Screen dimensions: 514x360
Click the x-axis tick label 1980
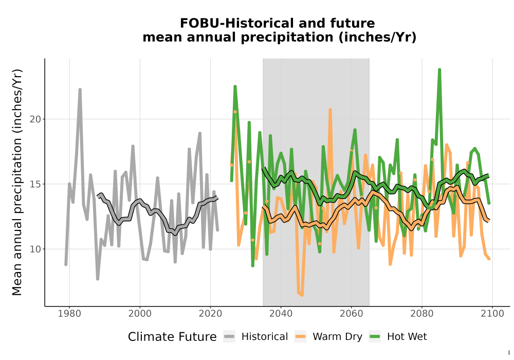click(69, 314)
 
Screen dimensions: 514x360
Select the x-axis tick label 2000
click(140, 314)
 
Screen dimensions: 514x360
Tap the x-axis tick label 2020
click(210, 314)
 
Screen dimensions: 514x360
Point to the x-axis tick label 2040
click(281, 314)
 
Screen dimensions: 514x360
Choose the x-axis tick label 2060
click(352, 314)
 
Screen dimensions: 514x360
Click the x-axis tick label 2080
click(422, 314)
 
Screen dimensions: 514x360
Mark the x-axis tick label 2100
click(492, 314)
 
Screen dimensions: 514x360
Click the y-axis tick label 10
click(35, 249)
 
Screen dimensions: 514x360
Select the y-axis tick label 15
click(35, 184)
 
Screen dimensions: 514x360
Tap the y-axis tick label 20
click(35, 119)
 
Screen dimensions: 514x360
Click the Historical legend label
click(265, 337)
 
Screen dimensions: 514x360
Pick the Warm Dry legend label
click(337, 337)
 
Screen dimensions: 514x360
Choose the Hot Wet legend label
click(407, 337)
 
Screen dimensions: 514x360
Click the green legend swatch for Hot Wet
click(375, 337)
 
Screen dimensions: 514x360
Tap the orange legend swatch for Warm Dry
click(300, 337)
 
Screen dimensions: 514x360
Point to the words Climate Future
click(172, 337)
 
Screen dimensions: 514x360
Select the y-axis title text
click(17, 182)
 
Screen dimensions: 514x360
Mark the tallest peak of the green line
click(439, 70)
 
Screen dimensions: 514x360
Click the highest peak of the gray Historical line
click(80, 89)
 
